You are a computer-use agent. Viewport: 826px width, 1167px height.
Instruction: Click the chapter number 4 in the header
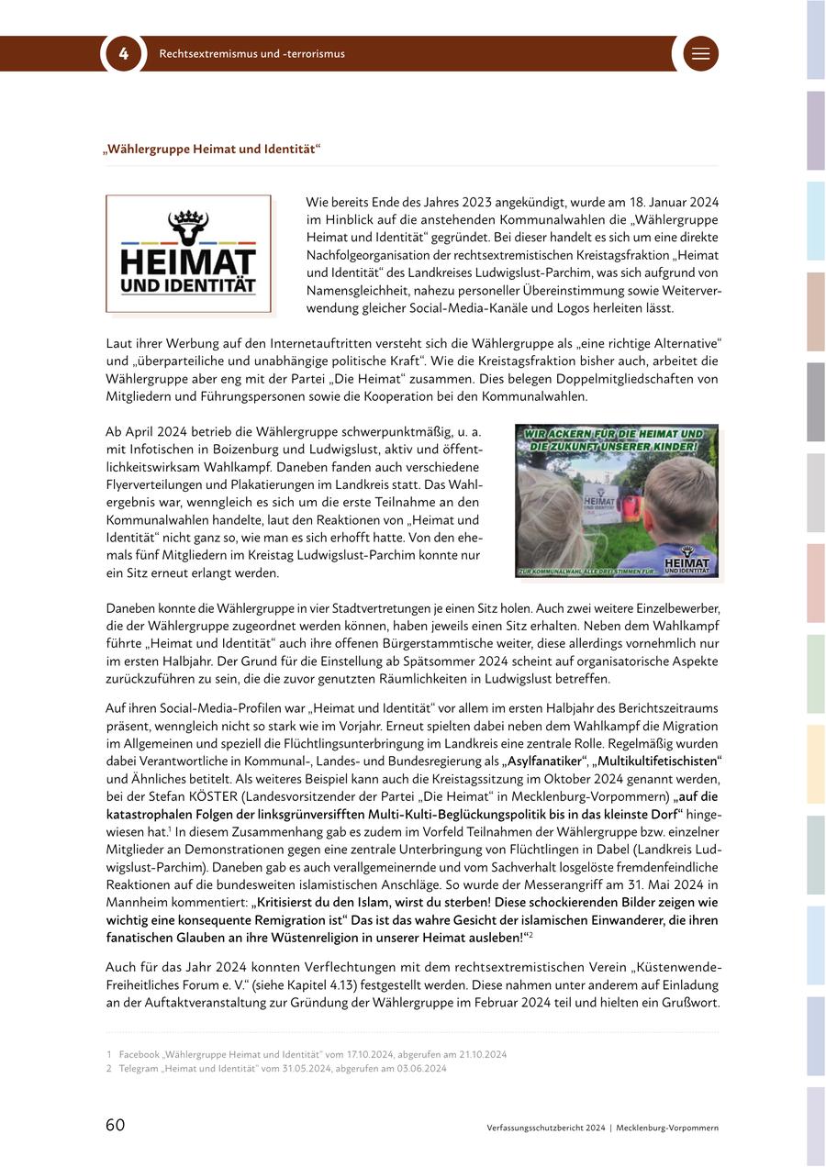click(x=124, y=53)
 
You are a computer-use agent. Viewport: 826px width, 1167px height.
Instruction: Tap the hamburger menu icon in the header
click(x=701, y=53)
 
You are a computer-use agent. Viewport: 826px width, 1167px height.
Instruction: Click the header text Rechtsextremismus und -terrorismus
click(x=252, y=54)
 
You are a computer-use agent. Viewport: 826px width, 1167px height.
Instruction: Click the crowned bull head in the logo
click(x=188, y=226)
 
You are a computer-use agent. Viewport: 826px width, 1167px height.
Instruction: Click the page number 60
click(x=116, y=1126)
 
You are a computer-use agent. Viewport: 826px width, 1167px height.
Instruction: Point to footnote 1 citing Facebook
click(x=307, y=1054)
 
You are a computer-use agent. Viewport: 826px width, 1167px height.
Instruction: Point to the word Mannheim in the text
click(x=137, y=902)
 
